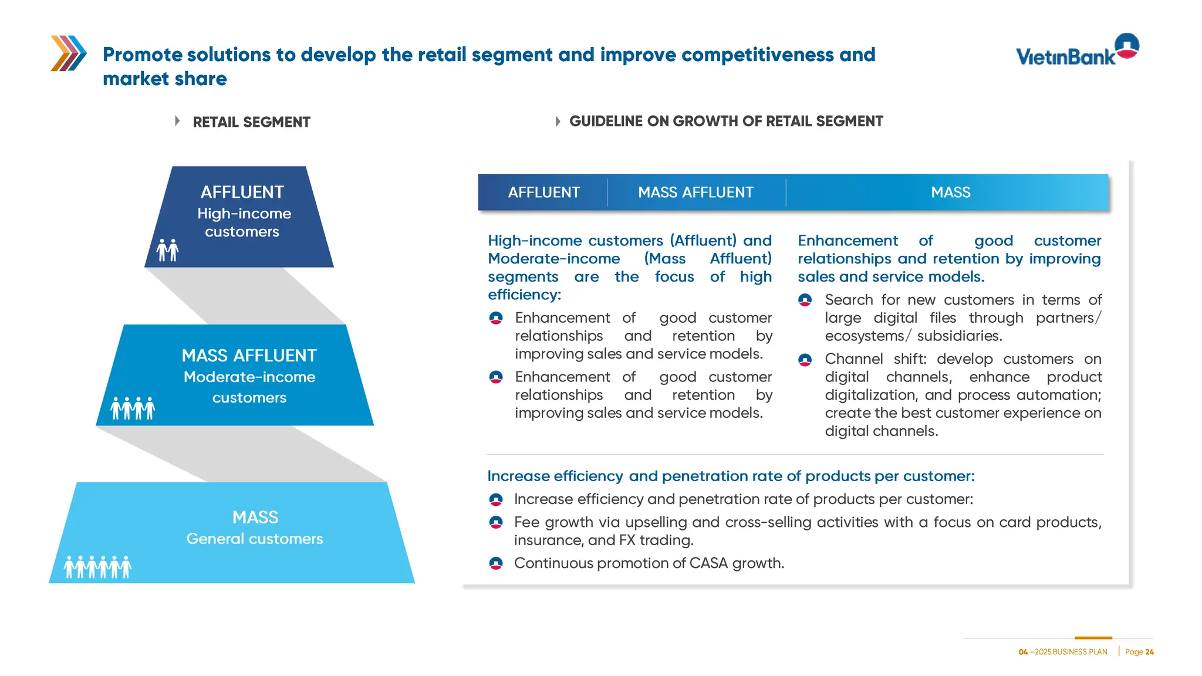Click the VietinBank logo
point(1077,50)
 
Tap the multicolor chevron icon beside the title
point(69,53)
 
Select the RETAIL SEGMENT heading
point(251,122)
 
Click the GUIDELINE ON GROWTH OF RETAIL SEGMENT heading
point(725,121)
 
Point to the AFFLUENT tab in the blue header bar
point(543,192)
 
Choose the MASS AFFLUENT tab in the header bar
point(695,192)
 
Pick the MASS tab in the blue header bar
point(950,192)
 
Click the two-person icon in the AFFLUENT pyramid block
point(167,250)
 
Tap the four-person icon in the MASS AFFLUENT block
point(133,408)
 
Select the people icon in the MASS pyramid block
point(97,567)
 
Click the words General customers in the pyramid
point(255,539)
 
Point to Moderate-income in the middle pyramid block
point(249,377)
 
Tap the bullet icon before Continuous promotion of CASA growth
point(496,563)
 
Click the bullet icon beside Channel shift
point(805,360)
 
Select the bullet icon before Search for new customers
point(805,300)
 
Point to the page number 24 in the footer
point(1149,652)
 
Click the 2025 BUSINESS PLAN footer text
point(1070,652)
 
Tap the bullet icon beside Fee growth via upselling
point(496,522)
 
